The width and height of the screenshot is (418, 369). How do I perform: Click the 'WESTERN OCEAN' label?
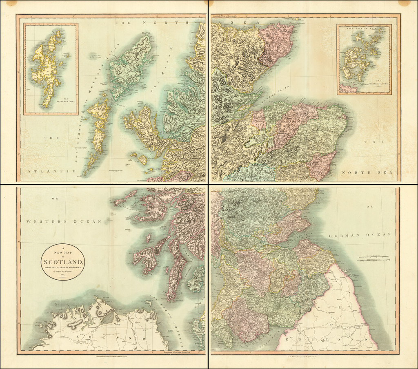[x=64, y=221]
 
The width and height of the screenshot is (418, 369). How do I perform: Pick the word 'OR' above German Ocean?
[x=369, y=206]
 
